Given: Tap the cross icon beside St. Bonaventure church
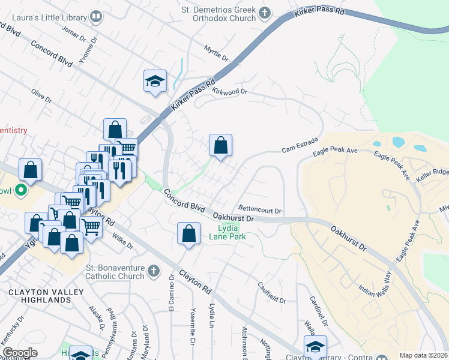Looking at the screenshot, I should tap(154, 271).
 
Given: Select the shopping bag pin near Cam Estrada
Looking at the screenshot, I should tap(220, 145).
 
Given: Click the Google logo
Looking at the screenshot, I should tap(20, 353).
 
